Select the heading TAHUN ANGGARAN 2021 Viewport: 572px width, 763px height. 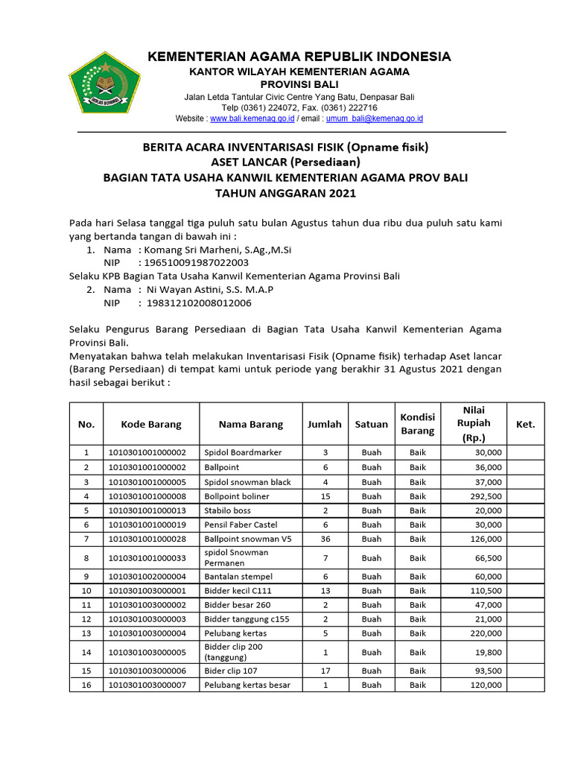(x=286, y=194)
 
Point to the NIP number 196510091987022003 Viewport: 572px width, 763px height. (x=196, y=263)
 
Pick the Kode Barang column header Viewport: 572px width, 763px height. (x=151, y=424)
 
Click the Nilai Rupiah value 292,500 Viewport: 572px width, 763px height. (x=485, y=496)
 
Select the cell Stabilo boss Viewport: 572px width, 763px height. (x=227, y=510)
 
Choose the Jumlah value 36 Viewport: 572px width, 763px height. (x=325, y=539)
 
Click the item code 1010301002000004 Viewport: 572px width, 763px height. (x=147, y=577)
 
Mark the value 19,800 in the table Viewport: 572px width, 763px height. (x=488, y=652)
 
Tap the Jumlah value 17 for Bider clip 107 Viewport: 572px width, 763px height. (x=325, y=671)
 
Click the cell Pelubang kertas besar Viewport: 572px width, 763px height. (x=247, y=686)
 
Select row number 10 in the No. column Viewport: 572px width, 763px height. (x=86, y=591)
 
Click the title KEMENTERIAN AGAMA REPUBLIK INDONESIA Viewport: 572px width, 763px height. (x=299, y=57)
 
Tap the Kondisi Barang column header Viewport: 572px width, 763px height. (x=417, y=424)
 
